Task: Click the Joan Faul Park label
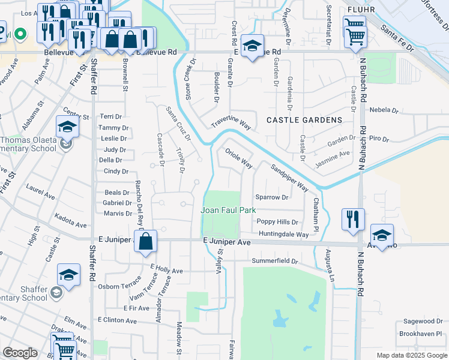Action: [228, 210]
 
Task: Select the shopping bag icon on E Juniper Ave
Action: [145, 242]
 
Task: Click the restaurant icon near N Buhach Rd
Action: [353, 220]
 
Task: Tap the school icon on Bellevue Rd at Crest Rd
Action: [252, 46]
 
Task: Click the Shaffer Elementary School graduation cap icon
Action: [68, 275]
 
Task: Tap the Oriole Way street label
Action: [238, 159]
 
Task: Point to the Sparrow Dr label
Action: [272, 197]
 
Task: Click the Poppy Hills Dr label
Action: [277, 221]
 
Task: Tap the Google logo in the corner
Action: [20, 353]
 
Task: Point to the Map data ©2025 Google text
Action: [411, 355]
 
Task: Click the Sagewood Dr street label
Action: [422, 322]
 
